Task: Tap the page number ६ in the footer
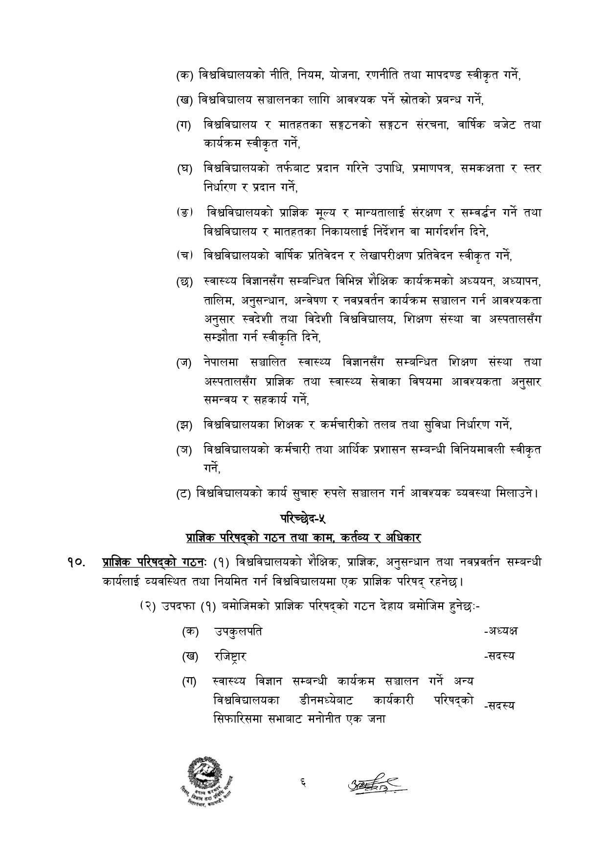pos(304,784)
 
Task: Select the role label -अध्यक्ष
pos(500,631)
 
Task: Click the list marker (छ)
pos(184,282)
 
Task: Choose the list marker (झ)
pos(184,425)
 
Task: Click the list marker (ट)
pos(184,493)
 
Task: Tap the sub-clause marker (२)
pos(147,606)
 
